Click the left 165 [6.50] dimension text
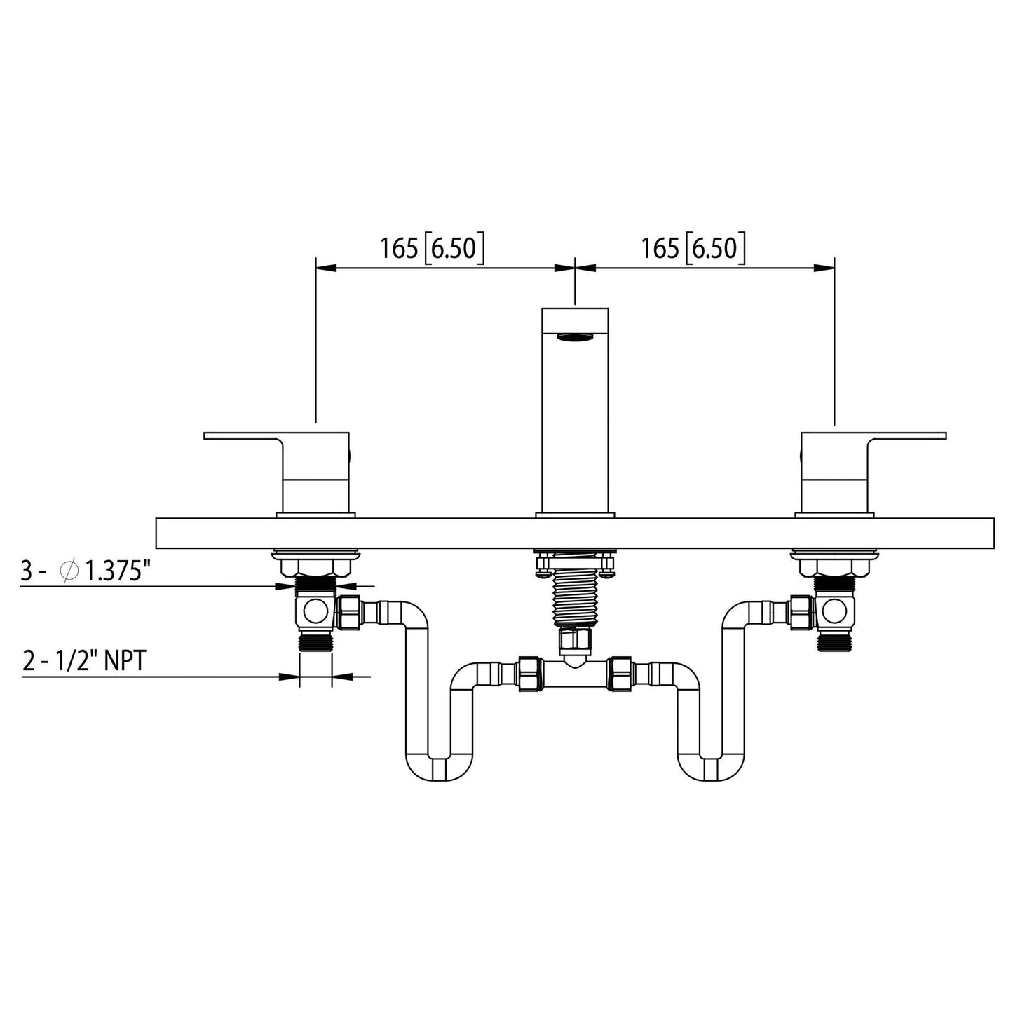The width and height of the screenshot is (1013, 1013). (x=432, y=249)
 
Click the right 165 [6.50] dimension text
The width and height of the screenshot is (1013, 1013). (x=693, y=249)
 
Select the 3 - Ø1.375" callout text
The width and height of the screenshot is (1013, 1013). (x=86, y=571)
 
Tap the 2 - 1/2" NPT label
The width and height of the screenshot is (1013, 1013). (x=83, y=660)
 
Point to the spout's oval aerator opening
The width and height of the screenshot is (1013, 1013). (x=575, y=339)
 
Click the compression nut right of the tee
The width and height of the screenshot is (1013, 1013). (x=622, y=673)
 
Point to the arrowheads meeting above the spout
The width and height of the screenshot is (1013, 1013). (x=575, y=267)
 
